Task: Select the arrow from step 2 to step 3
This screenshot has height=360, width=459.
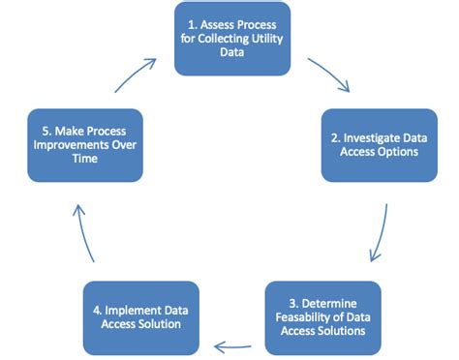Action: pyautogui.click(x=381, y=232)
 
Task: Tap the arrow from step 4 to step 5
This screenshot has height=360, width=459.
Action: pyautogui.click(x=85, y=232)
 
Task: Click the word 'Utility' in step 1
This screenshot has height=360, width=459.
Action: pyautogui.click(x=274, y=40)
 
